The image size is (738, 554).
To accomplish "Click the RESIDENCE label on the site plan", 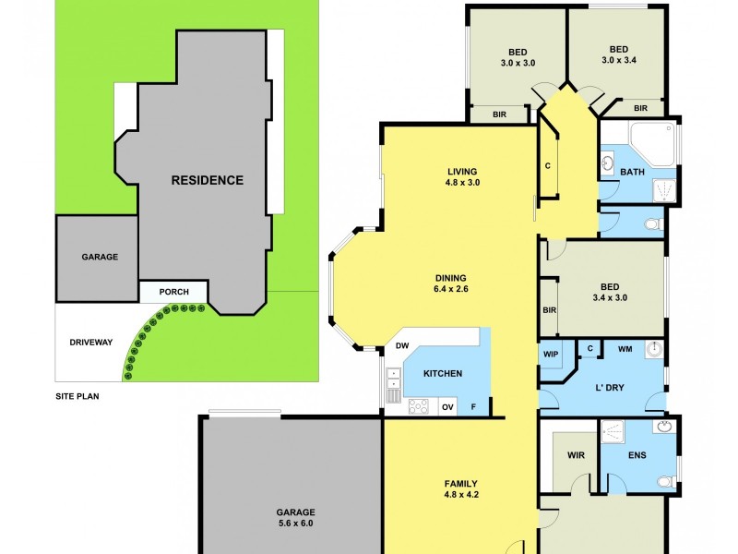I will coord(208,180).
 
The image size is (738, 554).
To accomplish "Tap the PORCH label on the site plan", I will coord(174,292).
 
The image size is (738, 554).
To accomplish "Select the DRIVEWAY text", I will coord(90,342).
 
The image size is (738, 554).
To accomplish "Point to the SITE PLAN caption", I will coord(77,396).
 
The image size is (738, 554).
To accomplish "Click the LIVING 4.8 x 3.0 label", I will coord(462,176).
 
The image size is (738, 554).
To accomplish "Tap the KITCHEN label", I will coord(443,373).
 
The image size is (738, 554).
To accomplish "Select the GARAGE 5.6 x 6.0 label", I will coord(295,517).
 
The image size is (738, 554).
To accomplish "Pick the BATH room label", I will coord(632,172).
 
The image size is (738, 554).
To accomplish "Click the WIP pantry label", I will coord(552,352).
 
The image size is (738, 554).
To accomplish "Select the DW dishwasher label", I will coord(401,346).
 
